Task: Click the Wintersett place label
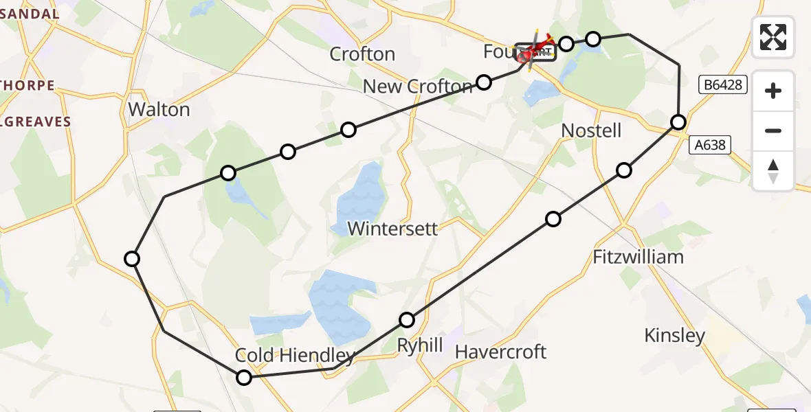click(x=392, y=228)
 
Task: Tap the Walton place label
click(x=159, y=109)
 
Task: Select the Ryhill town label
click(x=420, y=345)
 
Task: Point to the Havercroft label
click(x=500, y=352)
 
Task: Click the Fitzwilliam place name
click(x=638, y=257)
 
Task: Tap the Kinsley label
click(x=674, y=335)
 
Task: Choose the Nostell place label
click(x=591, y=130)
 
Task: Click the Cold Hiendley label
click(x=295, y=355)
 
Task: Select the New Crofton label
click(x=418, y=87)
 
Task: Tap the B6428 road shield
click(x=722, y=84)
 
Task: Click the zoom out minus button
click(x=773, y=130)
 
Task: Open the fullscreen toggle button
click(x=773, y=37)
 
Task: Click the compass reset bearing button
click(x=773, y=171)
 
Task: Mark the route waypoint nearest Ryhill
click(x=407, y=320)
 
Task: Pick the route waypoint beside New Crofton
click(x=484, y=82)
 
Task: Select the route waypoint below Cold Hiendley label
click(x=244, y=377)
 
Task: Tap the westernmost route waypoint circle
click(x=132, y=259)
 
